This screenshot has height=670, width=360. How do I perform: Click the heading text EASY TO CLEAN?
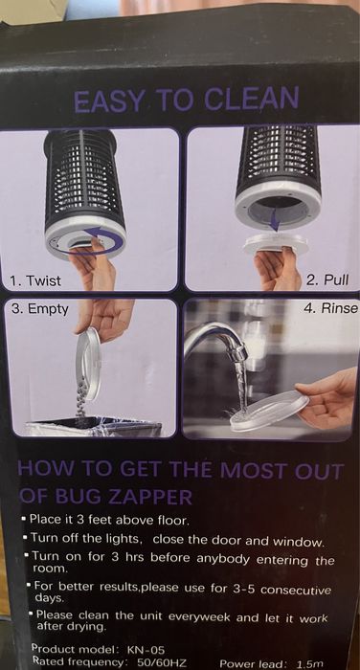click(186, 100)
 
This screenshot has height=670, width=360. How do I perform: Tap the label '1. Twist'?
click(35, 280)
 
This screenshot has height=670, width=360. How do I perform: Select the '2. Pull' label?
click(327, 279)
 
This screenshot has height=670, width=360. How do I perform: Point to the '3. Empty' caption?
click(40, 309)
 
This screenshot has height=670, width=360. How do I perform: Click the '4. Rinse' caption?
click(330, 308)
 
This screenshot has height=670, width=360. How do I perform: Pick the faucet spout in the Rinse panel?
click(216, 339)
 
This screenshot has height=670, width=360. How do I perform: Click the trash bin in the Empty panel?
click(93, 427)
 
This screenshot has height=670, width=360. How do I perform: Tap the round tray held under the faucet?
click(269, 411)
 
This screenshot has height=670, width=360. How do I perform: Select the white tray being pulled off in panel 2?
click(276, 243)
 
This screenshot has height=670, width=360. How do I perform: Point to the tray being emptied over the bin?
click(88, 363)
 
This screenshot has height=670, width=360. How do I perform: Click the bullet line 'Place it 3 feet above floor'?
click(108, 521)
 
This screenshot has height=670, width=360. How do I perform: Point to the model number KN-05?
click(146, 650)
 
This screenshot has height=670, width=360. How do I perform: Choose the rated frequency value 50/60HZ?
click(162, 663)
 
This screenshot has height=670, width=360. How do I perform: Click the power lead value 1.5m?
click(309, 663)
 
